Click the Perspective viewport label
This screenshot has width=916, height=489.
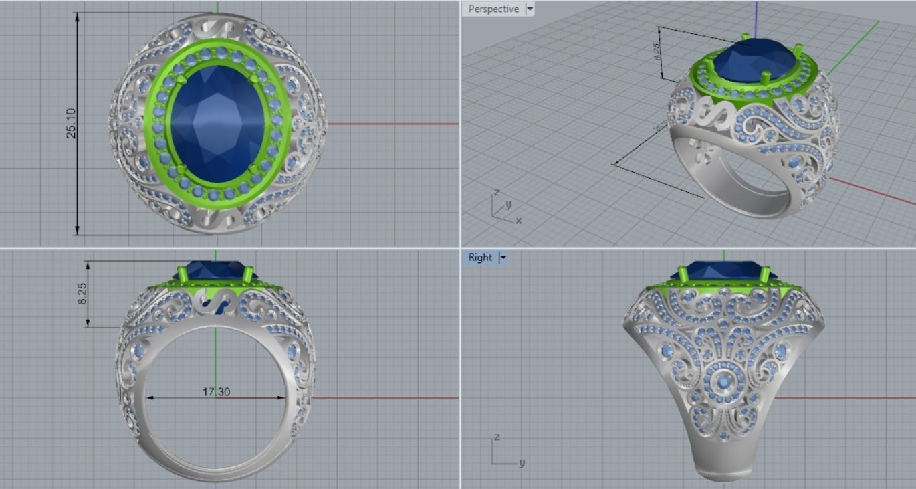[x=493, y=9]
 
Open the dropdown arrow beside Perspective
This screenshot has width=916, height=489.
[x=530, y=9]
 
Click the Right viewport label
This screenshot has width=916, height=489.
[x=479, y=258]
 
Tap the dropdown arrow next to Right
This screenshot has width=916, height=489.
[x=503, y=258]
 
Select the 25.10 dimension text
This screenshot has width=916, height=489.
[x=71, y=124]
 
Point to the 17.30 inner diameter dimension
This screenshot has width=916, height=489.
[x=216, y=391]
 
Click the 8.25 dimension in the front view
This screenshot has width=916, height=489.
[x=82, y=294]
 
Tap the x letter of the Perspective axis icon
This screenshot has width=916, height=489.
[x=519, y=220]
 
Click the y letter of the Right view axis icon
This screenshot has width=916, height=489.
[x=522, y=462]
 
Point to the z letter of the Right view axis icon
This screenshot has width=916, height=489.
[x=496, y=437]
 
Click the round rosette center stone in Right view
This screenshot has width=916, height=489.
[x=723, y=382]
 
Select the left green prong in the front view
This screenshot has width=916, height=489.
[x=181, y=274]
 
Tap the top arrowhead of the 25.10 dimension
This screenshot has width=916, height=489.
[x=78, y=17]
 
